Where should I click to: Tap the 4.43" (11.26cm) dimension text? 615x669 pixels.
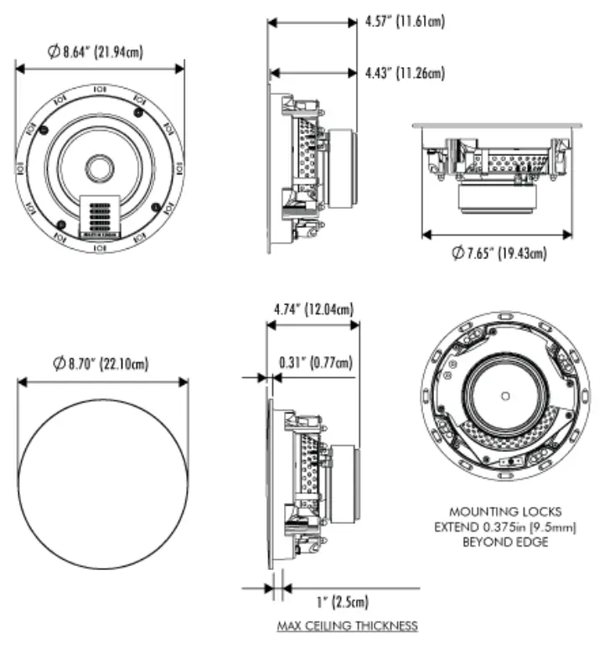[405, 74]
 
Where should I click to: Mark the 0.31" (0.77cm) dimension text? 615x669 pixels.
[315, 362]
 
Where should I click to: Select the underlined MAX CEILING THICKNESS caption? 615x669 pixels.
[348, 625]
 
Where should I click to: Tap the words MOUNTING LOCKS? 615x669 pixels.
[504, 511]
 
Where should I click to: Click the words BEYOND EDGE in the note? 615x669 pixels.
[504, 542]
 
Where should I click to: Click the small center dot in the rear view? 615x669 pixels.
[505, 395]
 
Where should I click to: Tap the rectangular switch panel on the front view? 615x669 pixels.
[100, 216]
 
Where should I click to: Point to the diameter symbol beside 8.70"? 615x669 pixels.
[58, 363]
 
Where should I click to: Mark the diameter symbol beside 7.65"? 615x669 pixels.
[457, 252]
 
